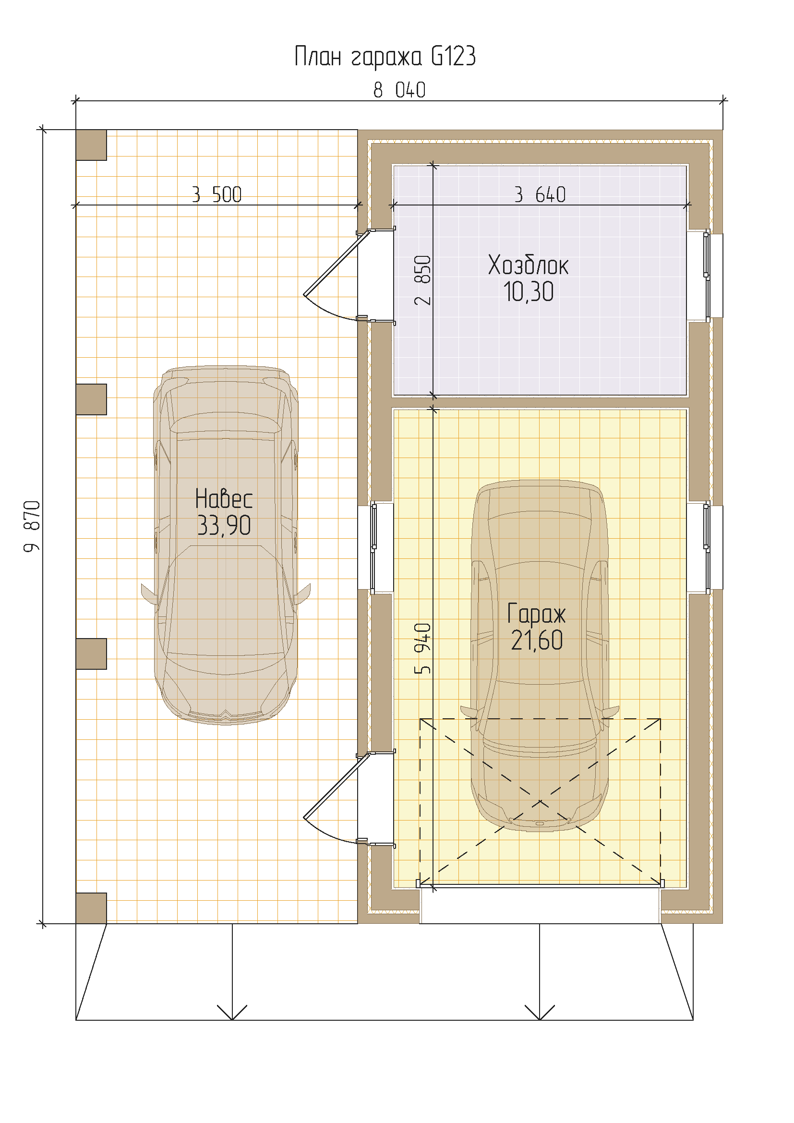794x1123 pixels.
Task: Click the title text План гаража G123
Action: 385,56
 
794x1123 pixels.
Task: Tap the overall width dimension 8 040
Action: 399,90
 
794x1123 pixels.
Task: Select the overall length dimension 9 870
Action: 32,526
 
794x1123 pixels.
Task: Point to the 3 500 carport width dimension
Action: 217,194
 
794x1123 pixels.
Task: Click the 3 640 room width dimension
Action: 540,194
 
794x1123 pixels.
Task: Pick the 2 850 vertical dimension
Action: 422,280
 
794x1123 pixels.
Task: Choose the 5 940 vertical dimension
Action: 422,648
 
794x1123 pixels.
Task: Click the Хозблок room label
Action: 528,266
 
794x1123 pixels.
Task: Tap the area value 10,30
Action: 529,292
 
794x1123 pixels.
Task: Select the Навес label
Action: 224,499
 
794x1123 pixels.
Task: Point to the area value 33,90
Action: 224,525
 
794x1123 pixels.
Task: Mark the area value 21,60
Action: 537,640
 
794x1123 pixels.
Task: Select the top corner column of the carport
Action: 91,145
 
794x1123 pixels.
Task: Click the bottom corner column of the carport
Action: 91,908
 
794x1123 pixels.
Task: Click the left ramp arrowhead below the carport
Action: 232,1013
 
